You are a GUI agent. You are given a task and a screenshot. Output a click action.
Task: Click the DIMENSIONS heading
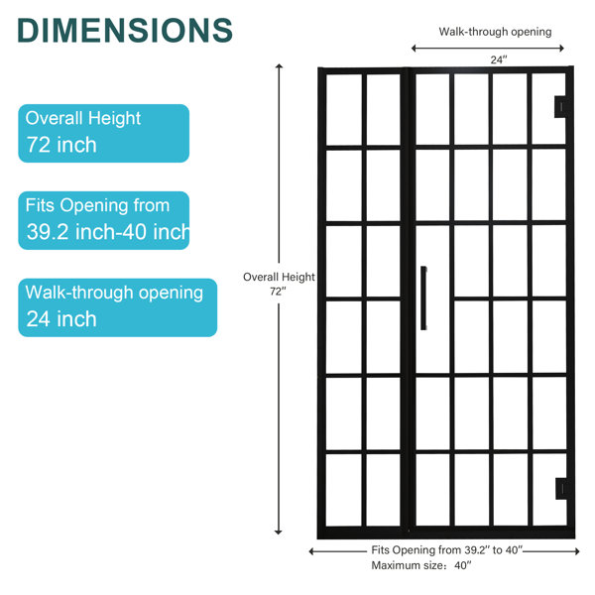(x=125, y=31)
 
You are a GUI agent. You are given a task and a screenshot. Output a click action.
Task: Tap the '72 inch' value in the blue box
(x=61, y=145)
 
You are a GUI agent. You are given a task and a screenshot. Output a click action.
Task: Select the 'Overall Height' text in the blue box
(x=83, y=118)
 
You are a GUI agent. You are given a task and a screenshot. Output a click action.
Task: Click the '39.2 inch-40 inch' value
(x=108, y=231)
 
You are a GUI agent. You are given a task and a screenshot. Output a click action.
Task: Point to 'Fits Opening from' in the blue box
(x=97, y=205)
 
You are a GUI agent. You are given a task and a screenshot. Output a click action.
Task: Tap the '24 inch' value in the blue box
(x=61, y=318)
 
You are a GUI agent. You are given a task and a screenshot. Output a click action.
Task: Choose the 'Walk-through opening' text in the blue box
(x=114, y=293)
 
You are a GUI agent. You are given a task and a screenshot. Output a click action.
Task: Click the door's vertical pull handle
(x=423, y=297)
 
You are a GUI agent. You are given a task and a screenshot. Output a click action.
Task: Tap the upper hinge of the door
(x=560, y=107)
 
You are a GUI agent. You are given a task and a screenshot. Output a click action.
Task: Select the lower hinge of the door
(x=561, y=489)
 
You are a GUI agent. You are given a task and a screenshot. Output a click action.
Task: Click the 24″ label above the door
(x=499, y=59)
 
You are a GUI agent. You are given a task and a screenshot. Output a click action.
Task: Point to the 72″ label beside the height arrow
(x=278, y=292)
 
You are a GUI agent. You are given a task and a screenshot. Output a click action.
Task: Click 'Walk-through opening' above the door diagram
(x=495, y=32)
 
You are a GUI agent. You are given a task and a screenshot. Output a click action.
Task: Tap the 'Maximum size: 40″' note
(x=421, y=565)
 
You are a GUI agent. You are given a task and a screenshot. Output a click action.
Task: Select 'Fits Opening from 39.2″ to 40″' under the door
(x=447, y=550)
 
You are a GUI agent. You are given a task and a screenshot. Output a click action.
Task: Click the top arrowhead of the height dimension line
(x=279, y=66)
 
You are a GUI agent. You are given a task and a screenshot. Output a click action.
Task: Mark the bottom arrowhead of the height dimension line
(x=278, y=532)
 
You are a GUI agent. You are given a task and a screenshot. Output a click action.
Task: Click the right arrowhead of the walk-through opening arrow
(x=561, y=49)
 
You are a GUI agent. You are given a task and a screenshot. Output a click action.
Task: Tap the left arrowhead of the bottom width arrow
(x=312, y=551)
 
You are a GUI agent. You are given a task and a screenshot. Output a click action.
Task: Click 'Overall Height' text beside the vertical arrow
(x=279, y=277)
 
